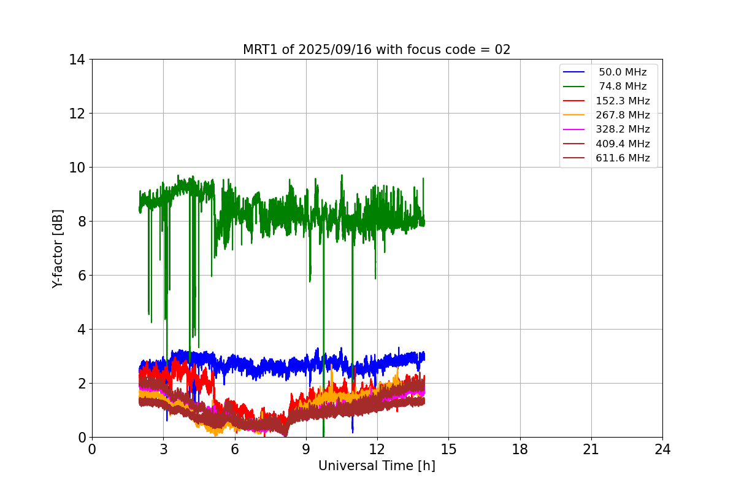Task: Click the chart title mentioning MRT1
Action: click(x=377, y=50)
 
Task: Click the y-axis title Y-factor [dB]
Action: click(x=58, y=248)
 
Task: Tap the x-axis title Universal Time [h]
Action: click(x=377, y=466)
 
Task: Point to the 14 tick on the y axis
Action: click(x=77, y=60)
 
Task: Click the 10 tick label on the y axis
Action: click(x=77, y=168)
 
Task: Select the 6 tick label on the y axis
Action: click(x=81, y=276)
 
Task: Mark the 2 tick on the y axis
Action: click(x=81, y=384)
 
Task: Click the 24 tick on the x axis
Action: click(x=662, y=449)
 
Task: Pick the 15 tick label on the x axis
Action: click(x=448, y=449)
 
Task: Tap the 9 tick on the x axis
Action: click(x=306, y=449)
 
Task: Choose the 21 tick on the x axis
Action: click(x=591, y=449)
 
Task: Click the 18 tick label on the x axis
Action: click(x=520, y=449)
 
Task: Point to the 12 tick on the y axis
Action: click(x=77, y=114)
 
